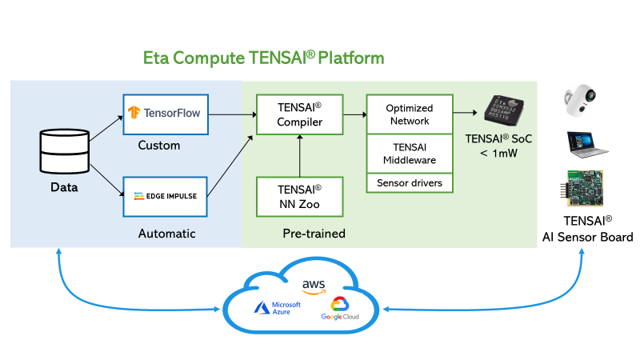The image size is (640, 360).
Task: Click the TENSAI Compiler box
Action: (x=299, y=115)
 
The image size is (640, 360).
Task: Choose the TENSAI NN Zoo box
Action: (x=299, y=197)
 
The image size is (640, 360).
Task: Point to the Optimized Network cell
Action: (x=409, y=114)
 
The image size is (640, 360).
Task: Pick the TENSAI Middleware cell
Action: (x=409, y=154)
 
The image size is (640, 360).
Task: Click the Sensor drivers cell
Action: (x=409, y=183)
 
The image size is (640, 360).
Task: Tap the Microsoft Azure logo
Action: (x=277, y=309)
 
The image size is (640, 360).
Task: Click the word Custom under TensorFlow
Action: (x=159, y=146)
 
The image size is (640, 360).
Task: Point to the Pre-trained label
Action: (x=314, y=234)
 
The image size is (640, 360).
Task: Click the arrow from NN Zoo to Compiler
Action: (x=299, y=156)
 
